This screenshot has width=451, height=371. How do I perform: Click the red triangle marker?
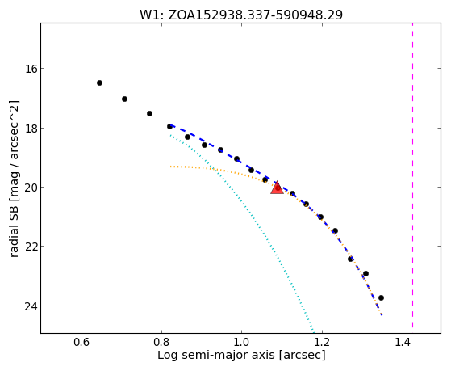click(x=277, y=188)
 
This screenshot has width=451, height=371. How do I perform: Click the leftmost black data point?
click(x=99, y=83)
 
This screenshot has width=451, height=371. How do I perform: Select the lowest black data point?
click(x=381, y=297)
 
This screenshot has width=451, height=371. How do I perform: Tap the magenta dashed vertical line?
click(x=412, y=175)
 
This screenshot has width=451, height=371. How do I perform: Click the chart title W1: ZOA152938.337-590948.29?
click(x=241, y=15)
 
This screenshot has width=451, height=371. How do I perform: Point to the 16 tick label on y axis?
click(x=30, y=69)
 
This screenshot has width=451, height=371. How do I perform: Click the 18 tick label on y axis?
click(x=30, y=128)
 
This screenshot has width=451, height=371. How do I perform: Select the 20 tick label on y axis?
click(x=30, y=188)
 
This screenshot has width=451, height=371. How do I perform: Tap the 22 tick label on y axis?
click(x=30, y=247)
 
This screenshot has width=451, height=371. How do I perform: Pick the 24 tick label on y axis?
click(x=30, y=306)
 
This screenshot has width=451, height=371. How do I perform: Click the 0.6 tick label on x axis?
click(x=81, y=342)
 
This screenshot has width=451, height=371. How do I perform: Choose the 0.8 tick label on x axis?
click(x=161, y=342)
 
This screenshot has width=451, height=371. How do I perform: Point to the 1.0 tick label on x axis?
click(x=241, y=342)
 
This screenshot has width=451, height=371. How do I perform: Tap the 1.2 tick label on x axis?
click(x=322, y=342)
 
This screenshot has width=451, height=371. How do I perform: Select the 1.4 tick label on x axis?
click(x=403, y=342)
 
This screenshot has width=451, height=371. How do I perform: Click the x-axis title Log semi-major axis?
click(x=216, y=355)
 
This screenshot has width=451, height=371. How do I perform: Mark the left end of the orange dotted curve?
click(x=170, y=167)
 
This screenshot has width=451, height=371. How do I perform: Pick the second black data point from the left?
click(x=124, y=99)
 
